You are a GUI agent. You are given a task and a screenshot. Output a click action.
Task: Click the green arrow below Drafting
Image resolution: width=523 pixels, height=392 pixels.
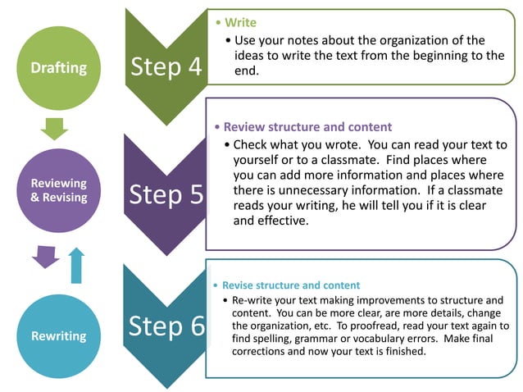coord(54,128)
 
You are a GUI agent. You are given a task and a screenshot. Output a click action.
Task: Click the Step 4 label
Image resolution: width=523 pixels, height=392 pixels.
coord(166,67)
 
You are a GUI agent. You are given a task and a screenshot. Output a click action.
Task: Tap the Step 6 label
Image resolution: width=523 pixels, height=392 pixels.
coord(166,325)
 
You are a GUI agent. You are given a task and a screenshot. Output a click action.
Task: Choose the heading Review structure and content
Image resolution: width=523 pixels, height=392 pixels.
coord(307,127)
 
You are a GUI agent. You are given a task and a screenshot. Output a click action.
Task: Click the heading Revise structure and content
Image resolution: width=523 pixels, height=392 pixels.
coord(291,285)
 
